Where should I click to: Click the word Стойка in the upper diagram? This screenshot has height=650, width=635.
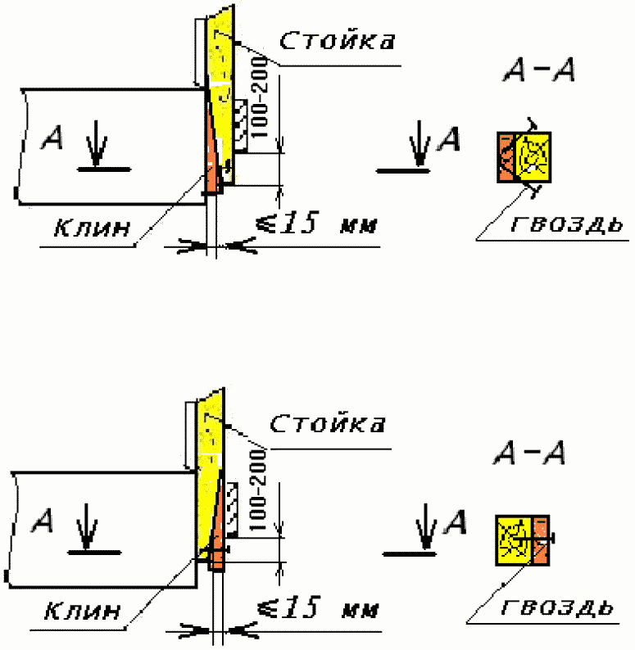coord(338,40)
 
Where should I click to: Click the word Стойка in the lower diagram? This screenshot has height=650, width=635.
coord(327,423)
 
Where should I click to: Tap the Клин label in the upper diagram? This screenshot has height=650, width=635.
coord(93,228)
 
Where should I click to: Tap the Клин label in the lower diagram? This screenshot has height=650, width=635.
coord(83,610)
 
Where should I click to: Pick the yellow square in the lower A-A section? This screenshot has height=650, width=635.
coord(514,540)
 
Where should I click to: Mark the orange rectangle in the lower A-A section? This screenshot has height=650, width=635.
coord(541,540)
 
